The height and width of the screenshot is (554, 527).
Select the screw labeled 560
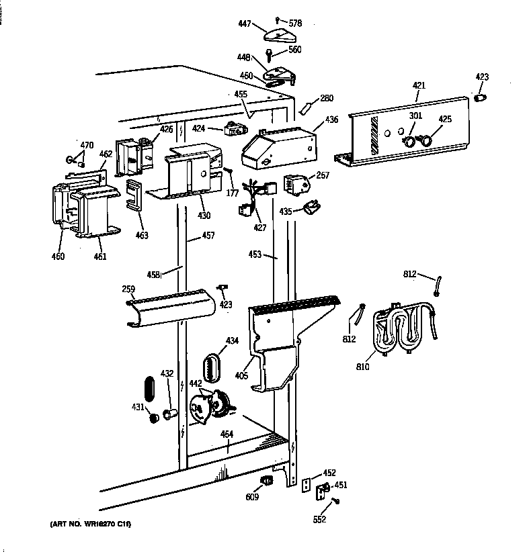coord(270,53)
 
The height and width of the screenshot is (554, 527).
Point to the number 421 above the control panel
coord(419,85)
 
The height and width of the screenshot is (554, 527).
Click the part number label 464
coord(227,434)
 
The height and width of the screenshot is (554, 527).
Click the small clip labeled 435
coord(311,207)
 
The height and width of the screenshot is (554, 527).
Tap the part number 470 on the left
coord(87,145)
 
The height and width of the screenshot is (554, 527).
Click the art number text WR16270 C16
coord(91,524)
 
